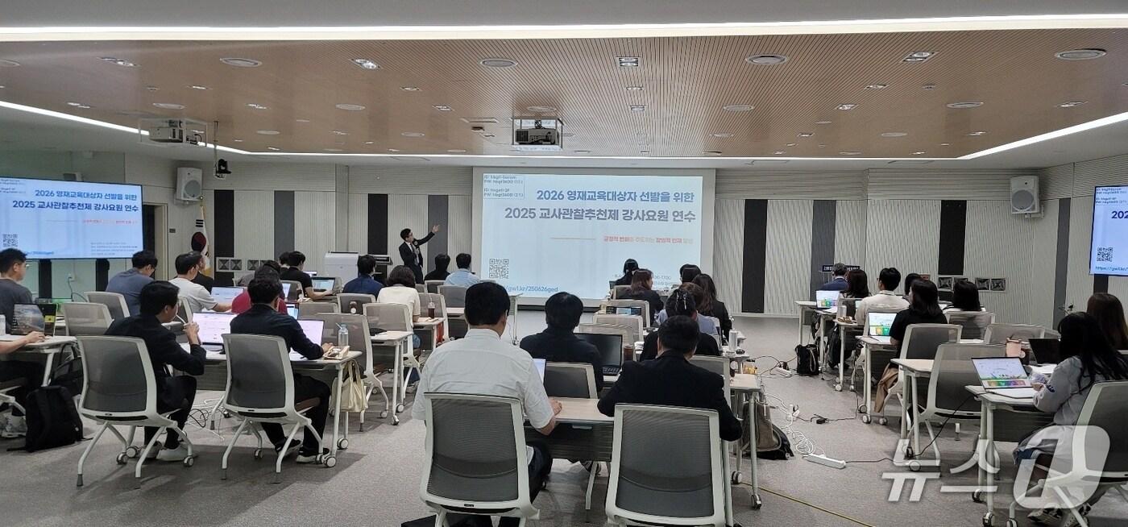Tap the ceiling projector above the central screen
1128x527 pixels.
tap(537, 133)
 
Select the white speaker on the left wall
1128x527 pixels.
tap(189, 184)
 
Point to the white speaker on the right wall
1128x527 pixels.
tap(1024, 194)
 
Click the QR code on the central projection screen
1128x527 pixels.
tap(499, 268)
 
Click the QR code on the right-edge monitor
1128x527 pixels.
tap(1103, 255)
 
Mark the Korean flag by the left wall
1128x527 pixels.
tap(200, 238)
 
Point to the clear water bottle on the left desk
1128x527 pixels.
tap(342, 337)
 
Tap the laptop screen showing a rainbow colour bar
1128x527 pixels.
tap(1000, 372)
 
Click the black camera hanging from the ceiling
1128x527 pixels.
tap(222, 167)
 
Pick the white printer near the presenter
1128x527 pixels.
tap(341, 265)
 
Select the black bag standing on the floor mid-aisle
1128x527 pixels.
tap(806, 359)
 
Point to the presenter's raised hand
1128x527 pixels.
tap(436, 229)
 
